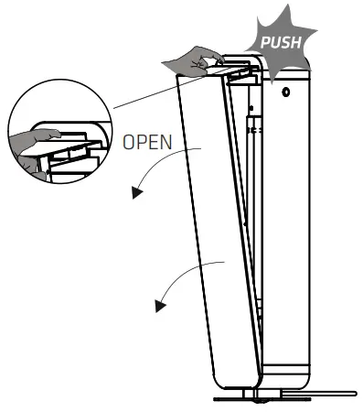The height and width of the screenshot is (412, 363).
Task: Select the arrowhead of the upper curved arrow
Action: pos(137,192)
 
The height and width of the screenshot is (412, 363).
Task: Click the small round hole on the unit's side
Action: pos(286,92)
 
